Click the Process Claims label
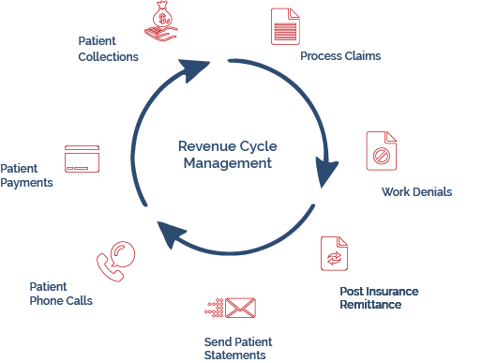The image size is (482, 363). tap(339, 56)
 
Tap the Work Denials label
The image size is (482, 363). tap(416, 192)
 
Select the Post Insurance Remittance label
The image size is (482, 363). tap(378, 297)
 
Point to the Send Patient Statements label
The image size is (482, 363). tap(235, 347)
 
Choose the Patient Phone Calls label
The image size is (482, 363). tap(60, 294)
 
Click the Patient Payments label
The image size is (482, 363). tap(26, 175)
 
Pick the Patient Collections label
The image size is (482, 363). tap(108, 50)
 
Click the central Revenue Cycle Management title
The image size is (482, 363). tap(227, 155)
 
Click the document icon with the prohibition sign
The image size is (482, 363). tap(381, 150)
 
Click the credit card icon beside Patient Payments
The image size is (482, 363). tap(83, 159)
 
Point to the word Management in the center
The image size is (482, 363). tap(227, 163)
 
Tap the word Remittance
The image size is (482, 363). tap(369, 304)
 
